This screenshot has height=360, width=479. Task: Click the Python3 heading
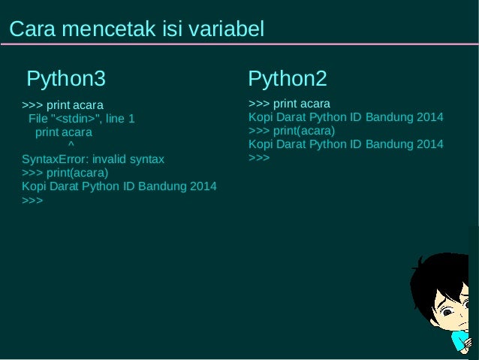[66, 78]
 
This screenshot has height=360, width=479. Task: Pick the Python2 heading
[287, 78]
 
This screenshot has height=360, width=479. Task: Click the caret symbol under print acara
[71, 145]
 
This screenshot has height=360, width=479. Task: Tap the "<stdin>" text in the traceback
[75, 118]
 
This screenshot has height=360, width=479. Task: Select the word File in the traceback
[38, 118]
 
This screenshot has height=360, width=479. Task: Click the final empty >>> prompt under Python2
[258, 158]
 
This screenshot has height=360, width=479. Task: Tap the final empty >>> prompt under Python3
[32, 201]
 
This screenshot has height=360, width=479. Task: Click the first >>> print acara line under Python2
[289, 104]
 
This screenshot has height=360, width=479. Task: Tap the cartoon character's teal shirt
[459, 342]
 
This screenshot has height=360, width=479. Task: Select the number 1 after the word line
[131, 118]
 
